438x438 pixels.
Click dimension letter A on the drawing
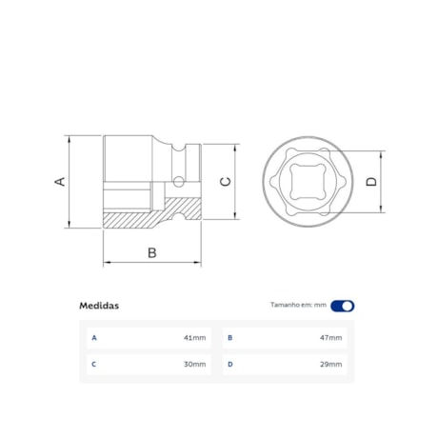[x=59, y=181]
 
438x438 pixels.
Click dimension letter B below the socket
[x=151, y=252]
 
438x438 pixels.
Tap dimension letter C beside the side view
[x=225, y=182]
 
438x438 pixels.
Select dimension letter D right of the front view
[x=372, y=181]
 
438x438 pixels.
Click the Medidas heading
[x=99, y=306]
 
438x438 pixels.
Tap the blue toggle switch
[x=343, y=306]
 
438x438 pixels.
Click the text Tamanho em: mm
[x=298, y=306]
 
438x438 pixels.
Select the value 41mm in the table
[x=195, y=337]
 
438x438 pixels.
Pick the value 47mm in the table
[x=332, y=337]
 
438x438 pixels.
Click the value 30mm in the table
[x=195, y=364]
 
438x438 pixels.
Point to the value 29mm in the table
[x=332, y=364]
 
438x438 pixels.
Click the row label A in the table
[x=93, y=337]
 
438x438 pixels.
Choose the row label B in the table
[x=230, y=337]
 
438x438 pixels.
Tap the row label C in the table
[x=93, y=364]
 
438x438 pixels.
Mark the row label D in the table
[x=230, y=364]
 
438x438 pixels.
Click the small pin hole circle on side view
[x=178, y=181]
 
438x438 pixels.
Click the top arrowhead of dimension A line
[x=70, y=137]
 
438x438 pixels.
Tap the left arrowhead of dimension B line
[x=107, y=264]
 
